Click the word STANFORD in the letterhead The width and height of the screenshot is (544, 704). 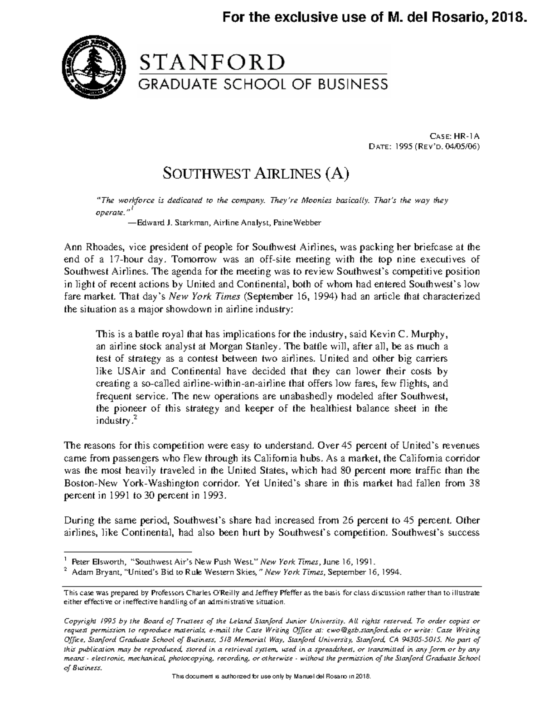pyautogui.click(x=213, y=63)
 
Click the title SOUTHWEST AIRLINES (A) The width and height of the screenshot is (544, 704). pyautogui.click(x=256, y=174)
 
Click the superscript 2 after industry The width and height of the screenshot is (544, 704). pyautogui.click(x=135, y=418)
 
